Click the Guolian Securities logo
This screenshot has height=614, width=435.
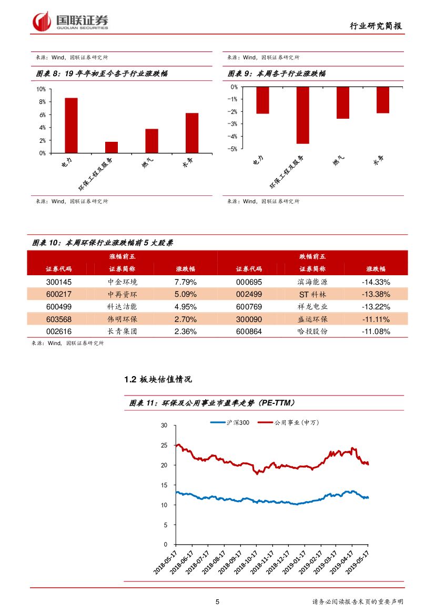pos(70,22)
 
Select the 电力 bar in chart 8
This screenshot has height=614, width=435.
pos(71,126)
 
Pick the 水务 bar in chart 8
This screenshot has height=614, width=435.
pos(192,133)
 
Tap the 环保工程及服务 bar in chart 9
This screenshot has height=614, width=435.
pos(302,115)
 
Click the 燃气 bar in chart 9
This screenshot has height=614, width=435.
pos(342,103)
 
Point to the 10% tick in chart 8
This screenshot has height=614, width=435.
pos(41,89)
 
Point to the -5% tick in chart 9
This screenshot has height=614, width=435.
pos(233,149)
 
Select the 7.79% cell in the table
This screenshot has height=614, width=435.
pos(185,282)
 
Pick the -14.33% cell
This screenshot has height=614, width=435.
pos(376,282)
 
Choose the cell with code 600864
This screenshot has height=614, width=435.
pos(249,332)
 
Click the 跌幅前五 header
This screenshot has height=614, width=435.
pos(312,256)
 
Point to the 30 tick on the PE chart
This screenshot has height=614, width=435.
pos(165,425)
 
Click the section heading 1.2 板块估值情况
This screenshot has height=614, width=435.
pos(158,379)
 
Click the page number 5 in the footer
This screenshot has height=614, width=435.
pos(217,602)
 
